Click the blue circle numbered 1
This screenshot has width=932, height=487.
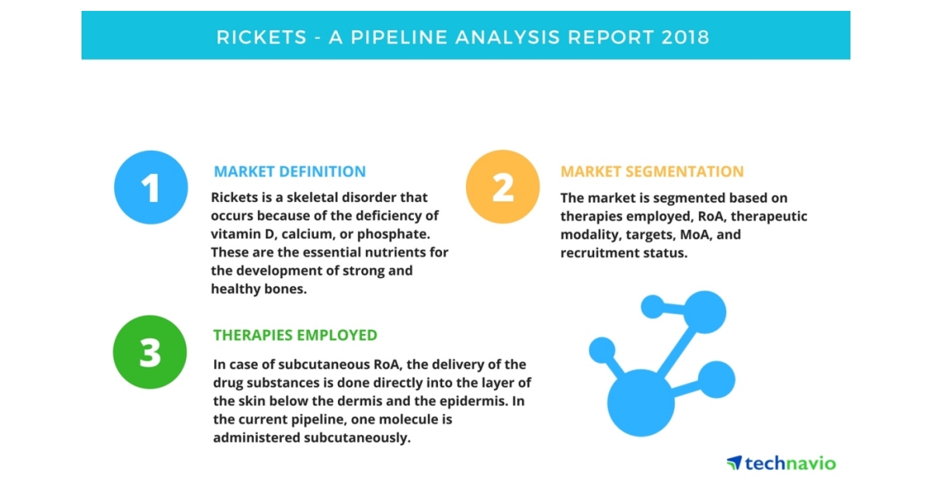[x=151, y=187]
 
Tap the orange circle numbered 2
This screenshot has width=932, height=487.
[x=503, y=186]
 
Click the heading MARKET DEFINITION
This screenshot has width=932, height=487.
[x=290, y=172]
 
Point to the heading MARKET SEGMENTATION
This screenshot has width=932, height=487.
[x=652, y=172]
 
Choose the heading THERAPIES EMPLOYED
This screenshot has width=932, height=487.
[x=295, y=336]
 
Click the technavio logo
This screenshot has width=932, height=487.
[x=781, y=463]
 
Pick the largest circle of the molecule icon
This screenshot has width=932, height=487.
[x=641, y=402]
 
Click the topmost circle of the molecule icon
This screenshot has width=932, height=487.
[x=704, y=311]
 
